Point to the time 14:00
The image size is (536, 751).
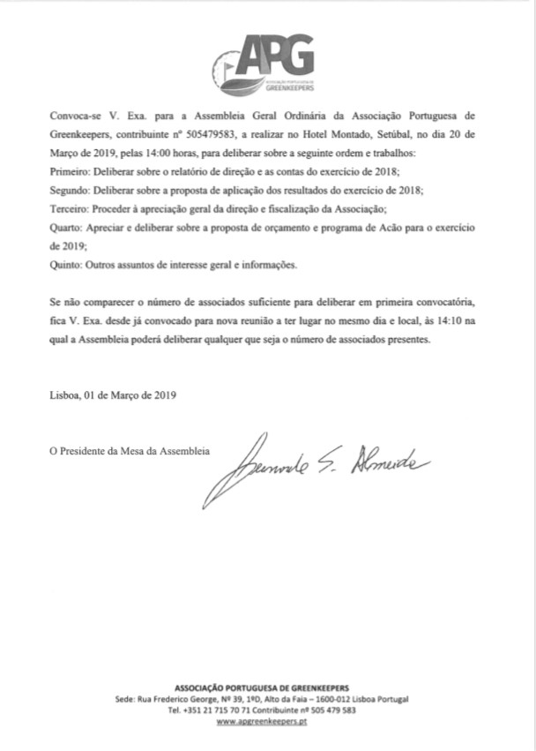(145, 151)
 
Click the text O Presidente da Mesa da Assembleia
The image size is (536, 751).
(130, 450)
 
